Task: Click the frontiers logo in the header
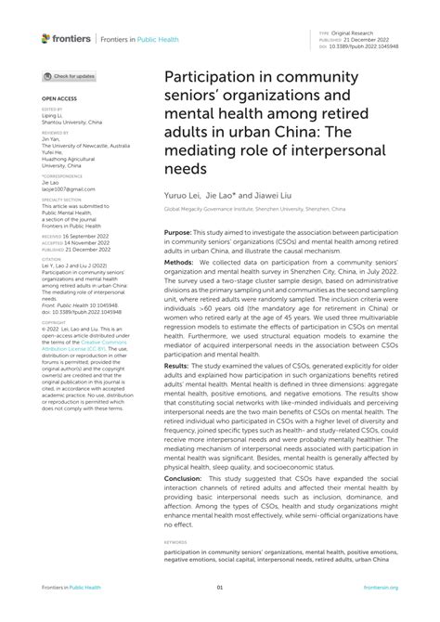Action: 66,38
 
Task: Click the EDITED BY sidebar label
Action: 53,109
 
